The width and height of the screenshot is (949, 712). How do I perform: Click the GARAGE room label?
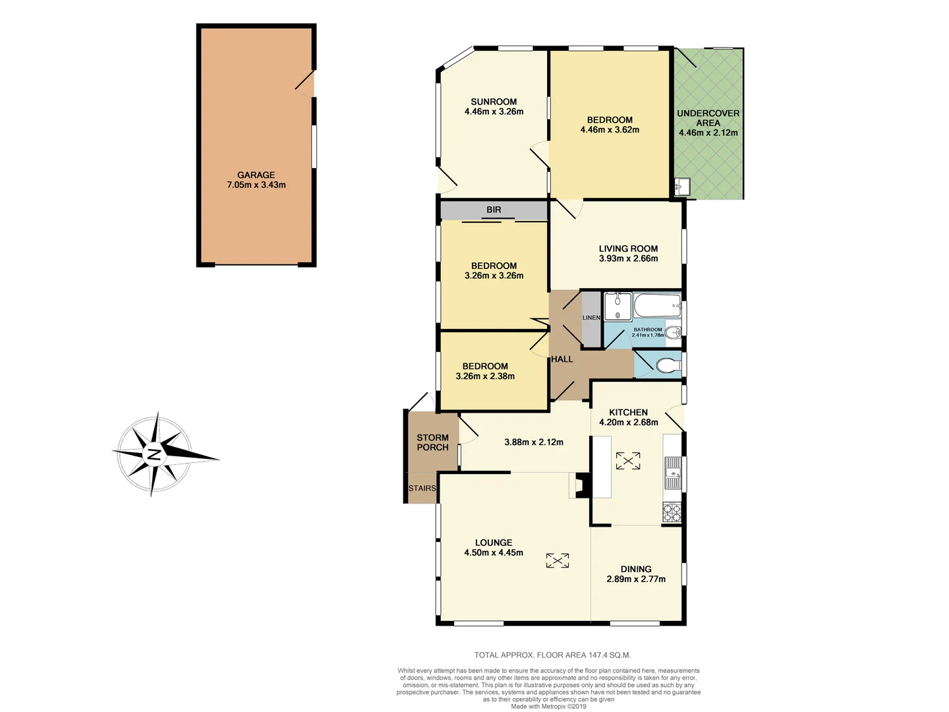tap(256, 175)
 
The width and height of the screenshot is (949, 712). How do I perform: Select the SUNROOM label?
tap(494, 102)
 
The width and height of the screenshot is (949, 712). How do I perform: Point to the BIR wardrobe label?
tap(494, 210)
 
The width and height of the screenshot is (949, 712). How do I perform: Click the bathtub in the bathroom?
tap(656, 306)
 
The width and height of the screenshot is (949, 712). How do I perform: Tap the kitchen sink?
tap(672, 473)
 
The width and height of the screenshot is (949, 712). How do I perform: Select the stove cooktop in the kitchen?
tap(672, 512)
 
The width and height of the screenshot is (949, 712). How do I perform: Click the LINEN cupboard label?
tap(591, 318)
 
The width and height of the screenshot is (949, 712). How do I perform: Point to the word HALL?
tap(562, 359)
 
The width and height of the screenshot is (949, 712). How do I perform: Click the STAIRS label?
tap(422, 489)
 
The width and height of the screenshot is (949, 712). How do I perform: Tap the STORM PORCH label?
tap(432, 442)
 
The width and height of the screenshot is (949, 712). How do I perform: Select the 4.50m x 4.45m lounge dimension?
tap(494, 552)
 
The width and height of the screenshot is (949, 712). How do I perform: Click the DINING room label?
tap(636, 569)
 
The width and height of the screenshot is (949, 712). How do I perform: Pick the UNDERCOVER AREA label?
tap(708, 118)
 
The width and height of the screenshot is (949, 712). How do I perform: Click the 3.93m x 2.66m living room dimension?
tap(628, 258)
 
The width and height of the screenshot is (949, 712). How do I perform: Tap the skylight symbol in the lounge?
tap(558, 560)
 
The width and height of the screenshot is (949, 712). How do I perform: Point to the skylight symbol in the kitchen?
tap(628, 461)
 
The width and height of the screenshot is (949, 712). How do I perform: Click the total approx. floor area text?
tap(552, 655)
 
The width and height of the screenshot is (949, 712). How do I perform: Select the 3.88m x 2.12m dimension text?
tap(534, 442)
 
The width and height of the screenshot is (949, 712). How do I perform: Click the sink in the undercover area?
tap(681, 187)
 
